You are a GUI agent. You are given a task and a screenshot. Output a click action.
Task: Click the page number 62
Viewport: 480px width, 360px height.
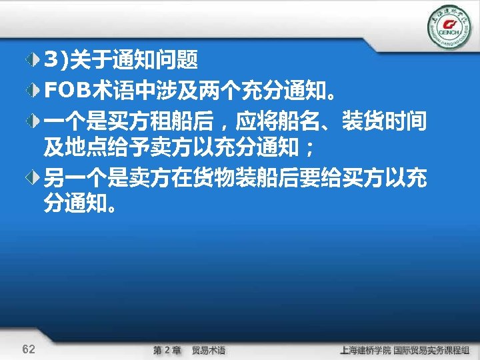click(29, 349)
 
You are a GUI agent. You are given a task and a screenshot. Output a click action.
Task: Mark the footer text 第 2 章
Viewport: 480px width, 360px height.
click(167, 349)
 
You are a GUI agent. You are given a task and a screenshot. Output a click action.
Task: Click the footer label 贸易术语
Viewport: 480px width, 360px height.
click(209, 349)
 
